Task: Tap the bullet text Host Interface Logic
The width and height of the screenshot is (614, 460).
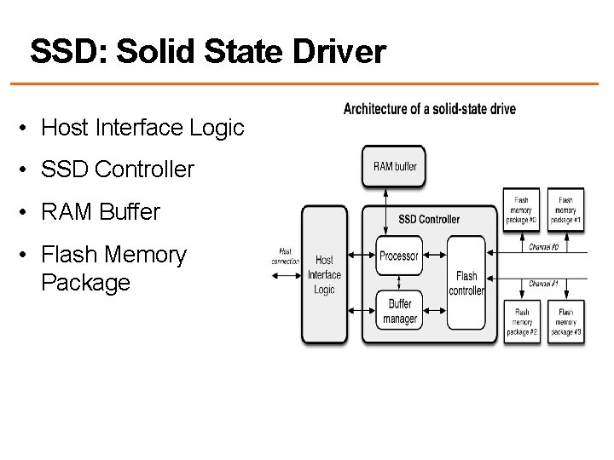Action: point(142,128)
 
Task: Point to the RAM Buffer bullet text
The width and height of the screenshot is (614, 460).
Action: point(101,211)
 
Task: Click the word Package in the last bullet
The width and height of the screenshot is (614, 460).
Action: point(85,282)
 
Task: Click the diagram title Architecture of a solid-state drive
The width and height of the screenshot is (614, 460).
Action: point(429,109)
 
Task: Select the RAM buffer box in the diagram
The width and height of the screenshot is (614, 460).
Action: point(395,166)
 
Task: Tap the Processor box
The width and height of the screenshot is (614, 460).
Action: point(399,255)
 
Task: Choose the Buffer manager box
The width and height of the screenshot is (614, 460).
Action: point(399,313)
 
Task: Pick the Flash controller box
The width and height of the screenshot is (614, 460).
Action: point(466,283)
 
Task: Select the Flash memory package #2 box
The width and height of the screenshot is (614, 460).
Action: point(521,322)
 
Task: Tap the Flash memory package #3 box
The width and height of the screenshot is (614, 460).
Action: point(565,322)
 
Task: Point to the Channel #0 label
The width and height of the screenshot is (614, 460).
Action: point(544,247)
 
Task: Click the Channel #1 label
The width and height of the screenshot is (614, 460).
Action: point(544,282)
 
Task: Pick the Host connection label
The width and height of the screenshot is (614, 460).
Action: point(284,255)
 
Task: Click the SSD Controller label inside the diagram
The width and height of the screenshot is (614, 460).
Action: point(429,219)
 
